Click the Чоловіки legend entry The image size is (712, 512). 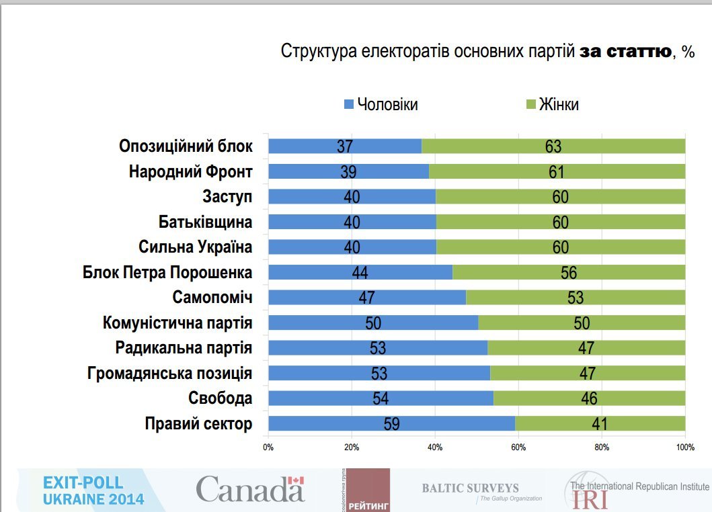pyautogui.click(x=381, y=105)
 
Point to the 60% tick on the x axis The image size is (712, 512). pyautogui.click(x=518, y=447)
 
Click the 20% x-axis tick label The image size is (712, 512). pyautogui.click(x=352, y=447)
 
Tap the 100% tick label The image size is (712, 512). pyautogui.click(x=685, y=447)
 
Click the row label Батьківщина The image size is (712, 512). pyautogui.click(x=205, y=222)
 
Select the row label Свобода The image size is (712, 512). pyautogui.click(x=221, y=398)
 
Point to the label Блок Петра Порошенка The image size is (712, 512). pyautogui.click(x=167, y=273)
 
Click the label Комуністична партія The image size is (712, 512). pyautogui.click(x=177, y=323)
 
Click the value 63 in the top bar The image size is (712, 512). pyautogui.click(x=553, y=146)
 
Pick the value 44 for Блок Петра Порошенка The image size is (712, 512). pyautogui.click(x=360, y=273)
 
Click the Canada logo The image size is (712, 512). pyautogui.click(x=250, y=489)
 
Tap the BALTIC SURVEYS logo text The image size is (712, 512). pyautogui.click(x=471, y=488)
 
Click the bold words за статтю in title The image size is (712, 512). pyautogui.click(x=625, y=52)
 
